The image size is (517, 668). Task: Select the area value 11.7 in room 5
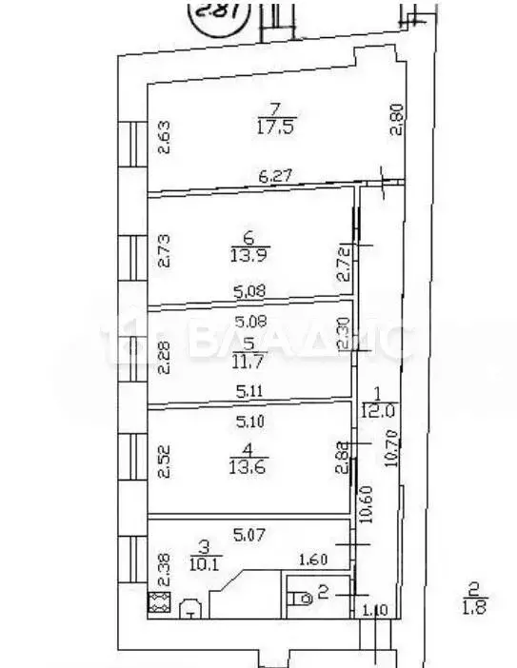(248, 363)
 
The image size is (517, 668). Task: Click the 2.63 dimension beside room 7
(162, 136)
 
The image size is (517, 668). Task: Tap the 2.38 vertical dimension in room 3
(163, 568)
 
